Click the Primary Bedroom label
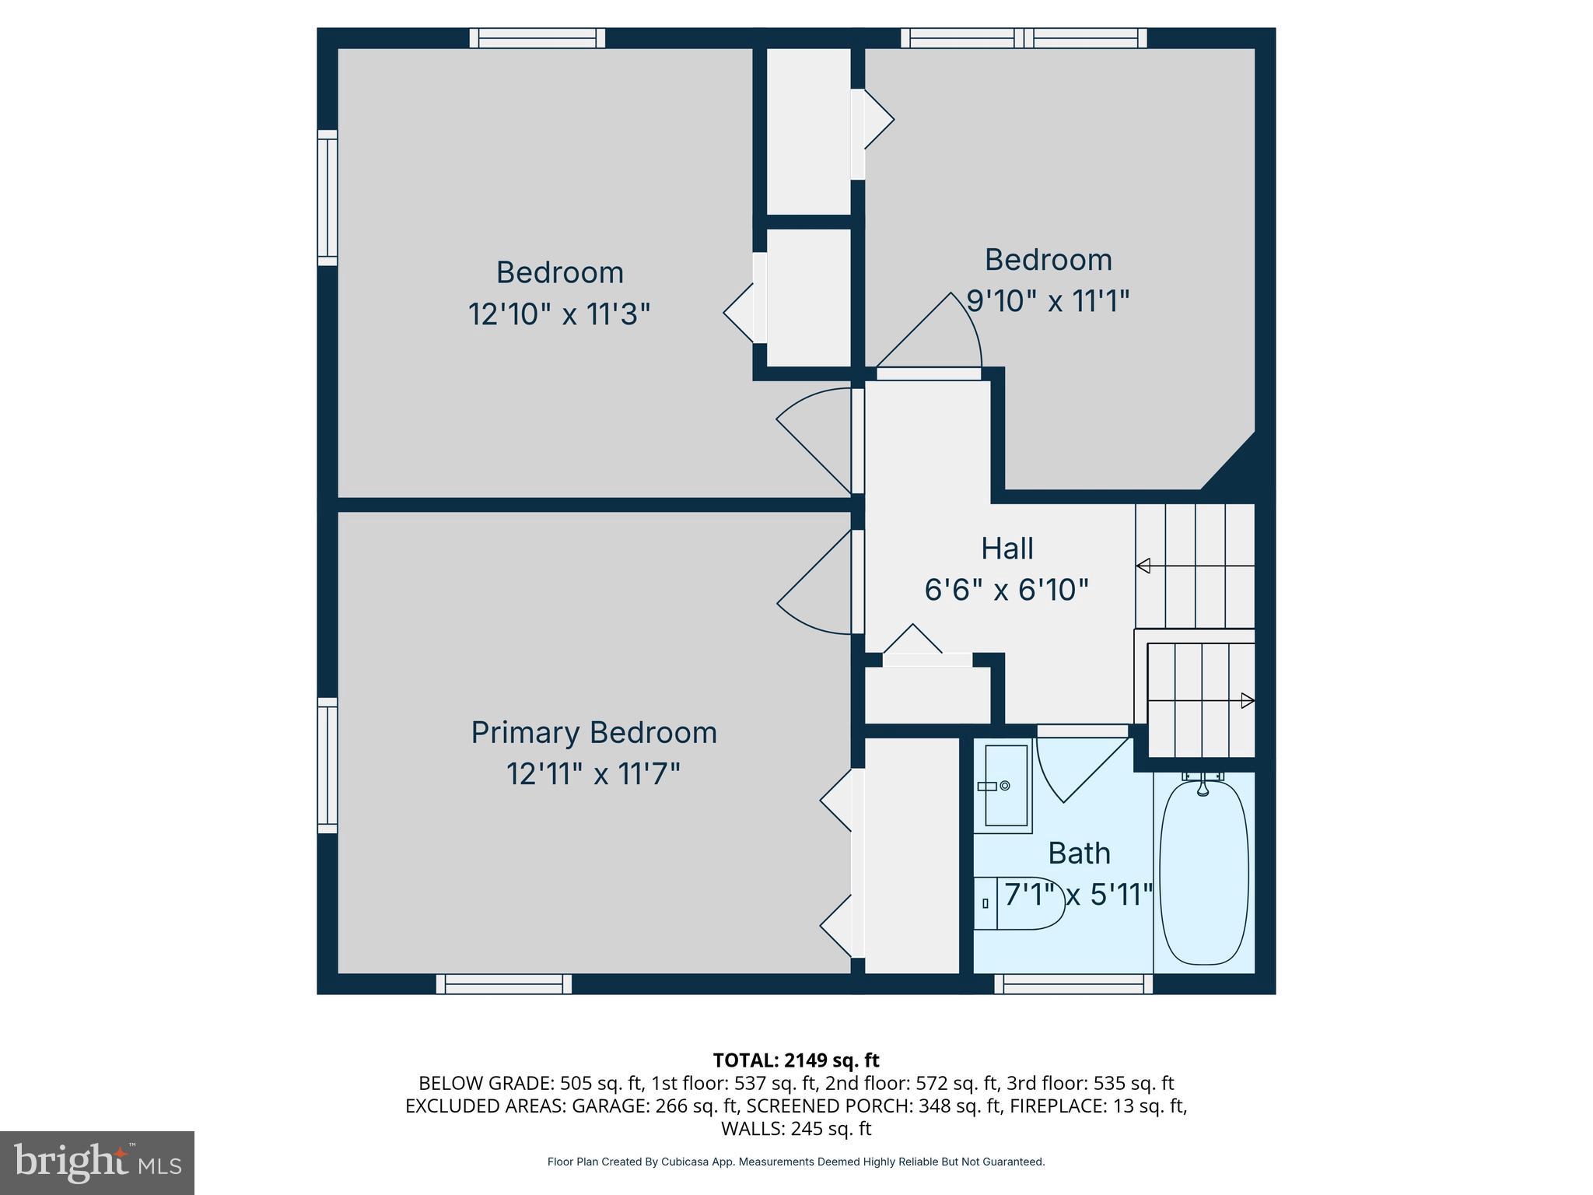click(593, 733)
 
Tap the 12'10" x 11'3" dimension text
click(558, 314)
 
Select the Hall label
click(1007, 548)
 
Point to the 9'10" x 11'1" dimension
click(1047, 300)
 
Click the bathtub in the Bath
click(1203, 872)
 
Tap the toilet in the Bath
click(1020, 903)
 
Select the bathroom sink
click(1003, 786)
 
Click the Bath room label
click(1078, 853)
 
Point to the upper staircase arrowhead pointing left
click(1143, 566)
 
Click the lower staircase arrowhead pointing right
click(1247, 700)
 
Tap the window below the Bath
click(1073, 984)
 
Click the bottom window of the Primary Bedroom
click(504, 984)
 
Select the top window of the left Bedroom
click(537, 37)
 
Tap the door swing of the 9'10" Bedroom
click(933, 335)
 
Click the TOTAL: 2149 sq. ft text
click(796, 1060)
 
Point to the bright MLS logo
click(97, 1162)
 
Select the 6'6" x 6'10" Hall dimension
click(1006, 590)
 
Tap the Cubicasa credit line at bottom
click(796, 1162)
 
